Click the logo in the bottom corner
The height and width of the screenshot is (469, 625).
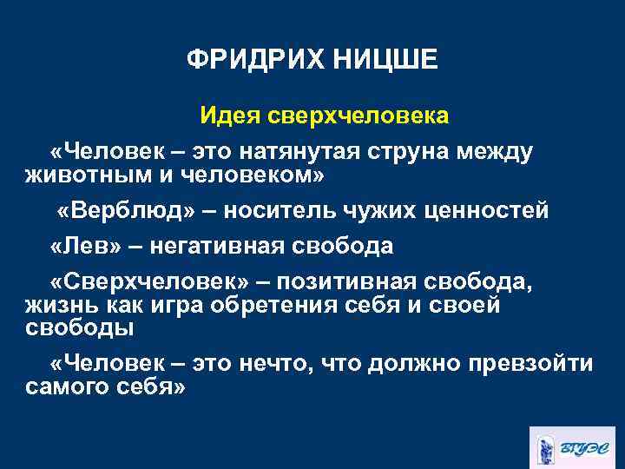(x=574, y=446)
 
